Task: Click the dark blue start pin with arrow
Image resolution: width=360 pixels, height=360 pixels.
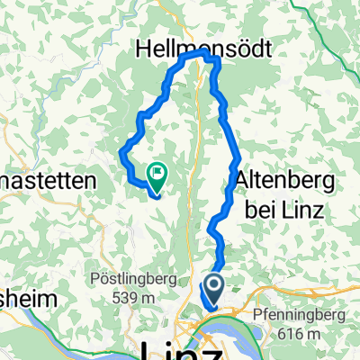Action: [x=215, y=290]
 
